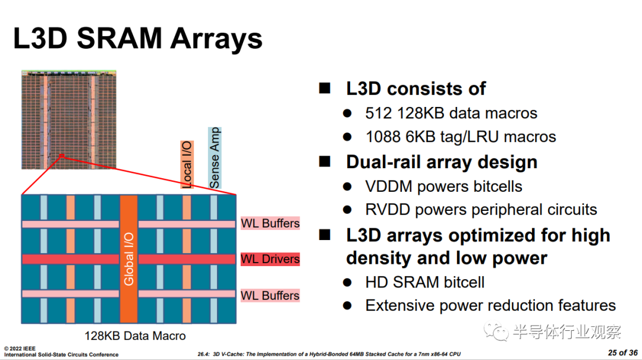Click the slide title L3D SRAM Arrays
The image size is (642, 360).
tap(137, 39)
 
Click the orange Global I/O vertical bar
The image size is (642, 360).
tap(128, 259)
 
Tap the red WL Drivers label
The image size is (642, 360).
tap(270, 259)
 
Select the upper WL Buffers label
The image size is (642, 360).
tap(270, 223)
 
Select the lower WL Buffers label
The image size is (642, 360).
tap(270, 295)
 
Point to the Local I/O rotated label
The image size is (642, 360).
tap(187, 165)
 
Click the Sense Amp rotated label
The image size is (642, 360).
tap(215, 158)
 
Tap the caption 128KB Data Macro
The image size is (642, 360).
tap(135, 336)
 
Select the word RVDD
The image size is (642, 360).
tap(388, 210)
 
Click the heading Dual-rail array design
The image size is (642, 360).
tap(442, 162)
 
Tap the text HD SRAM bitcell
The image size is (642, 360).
tap(425, 282)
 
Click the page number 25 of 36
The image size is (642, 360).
tap(623, 353)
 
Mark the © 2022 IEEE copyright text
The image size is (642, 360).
tap(20, 349)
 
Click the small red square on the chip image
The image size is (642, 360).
tap(62, 156)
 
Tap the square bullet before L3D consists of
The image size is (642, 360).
tap(325, 88)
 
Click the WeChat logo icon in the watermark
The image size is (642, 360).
tap(496, 331)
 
